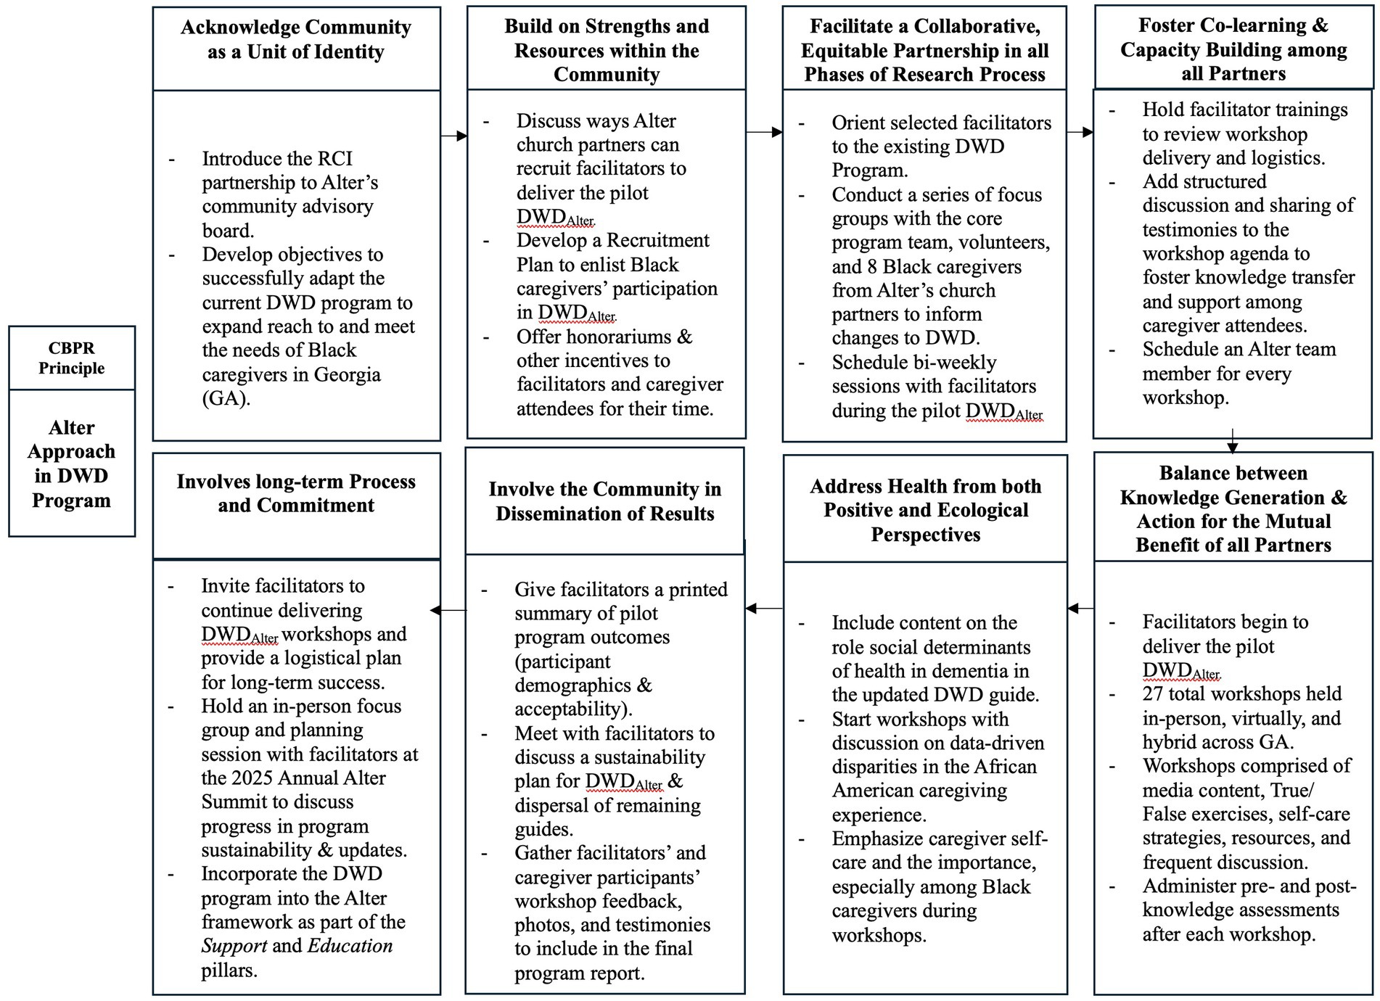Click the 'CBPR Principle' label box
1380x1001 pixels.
[x=71, y=358]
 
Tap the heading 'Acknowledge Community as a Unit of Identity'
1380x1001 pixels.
[x=296, y=40]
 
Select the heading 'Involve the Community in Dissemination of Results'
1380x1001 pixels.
[x=605, y=501]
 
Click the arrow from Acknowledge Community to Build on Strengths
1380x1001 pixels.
[x=454, y=136]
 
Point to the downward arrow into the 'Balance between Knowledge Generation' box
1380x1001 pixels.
[x=1232, y=442]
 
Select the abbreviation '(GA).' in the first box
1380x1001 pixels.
[x=226, y=399]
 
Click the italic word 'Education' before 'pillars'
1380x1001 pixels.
[x=350, y=946]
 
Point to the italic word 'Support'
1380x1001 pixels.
[x=234, y=946]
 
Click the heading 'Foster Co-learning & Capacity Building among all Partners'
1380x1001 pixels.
[x=1233, y=49]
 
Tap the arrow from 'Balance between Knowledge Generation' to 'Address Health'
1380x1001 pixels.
[x=1080, y=609]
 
